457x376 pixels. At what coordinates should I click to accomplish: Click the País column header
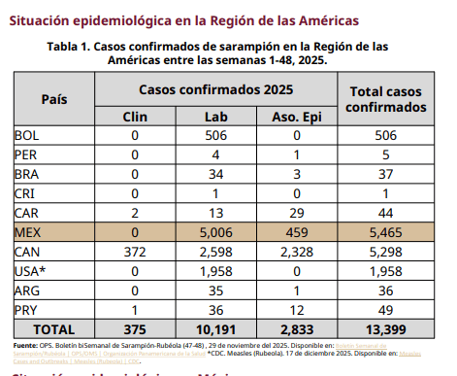tap(54, 99)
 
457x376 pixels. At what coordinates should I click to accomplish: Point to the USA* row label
tap(31, 271)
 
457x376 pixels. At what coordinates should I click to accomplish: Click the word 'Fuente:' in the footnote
tap(26, 346)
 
